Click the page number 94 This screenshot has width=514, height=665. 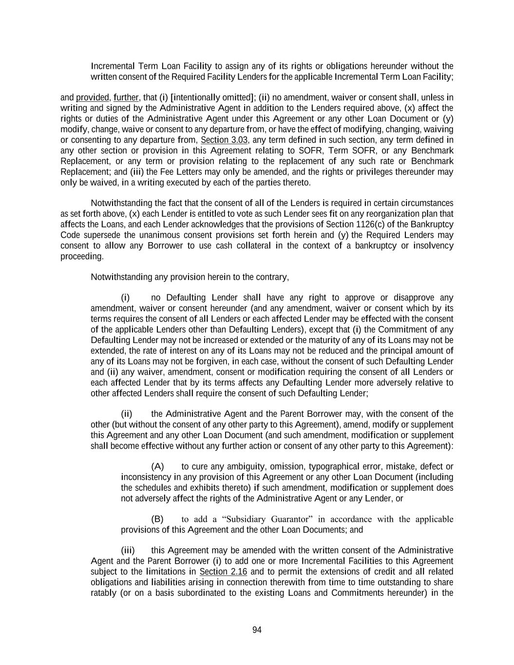click(257, 630)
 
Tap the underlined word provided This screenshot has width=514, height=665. click(93, 97)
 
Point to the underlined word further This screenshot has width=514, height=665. click(126, 97)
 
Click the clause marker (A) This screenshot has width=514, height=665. click(157, 467)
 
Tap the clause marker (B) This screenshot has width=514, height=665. click(157, 519)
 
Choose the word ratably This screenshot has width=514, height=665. click(103, 593)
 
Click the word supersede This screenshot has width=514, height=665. click(99, 235)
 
